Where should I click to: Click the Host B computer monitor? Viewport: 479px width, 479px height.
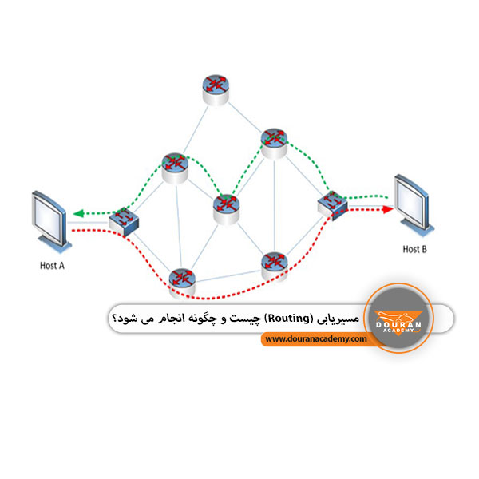414,204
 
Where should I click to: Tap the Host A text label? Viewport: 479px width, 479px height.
52,266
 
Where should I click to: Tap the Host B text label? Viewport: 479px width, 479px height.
414,249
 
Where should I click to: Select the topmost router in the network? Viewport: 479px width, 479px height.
216,90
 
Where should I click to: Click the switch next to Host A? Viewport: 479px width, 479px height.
124,221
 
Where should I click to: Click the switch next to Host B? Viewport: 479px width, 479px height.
332,205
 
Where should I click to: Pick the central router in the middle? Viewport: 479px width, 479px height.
227,210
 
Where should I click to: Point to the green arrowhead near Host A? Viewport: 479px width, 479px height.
79,213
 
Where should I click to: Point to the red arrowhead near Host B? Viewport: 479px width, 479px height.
388,209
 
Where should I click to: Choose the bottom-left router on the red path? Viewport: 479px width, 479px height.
182,283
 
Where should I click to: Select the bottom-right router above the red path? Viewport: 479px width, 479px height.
275,267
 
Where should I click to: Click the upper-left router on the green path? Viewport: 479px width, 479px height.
175,168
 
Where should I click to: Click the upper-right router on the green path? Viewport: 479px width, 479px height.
274,144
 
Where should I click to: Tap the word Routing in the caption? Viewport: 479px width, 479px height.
288,318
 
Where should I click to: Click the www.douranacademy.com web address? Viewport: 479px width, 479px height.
316,338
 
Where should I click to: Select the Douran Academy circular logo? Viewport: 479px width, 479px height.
398,318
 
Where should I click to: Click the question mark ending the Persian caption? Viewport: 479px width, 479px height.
114,318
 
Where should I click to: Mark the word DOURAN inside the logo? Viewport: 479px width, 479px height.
398,324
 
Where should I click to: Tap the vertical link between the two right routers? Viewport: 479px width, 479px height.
275,205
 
